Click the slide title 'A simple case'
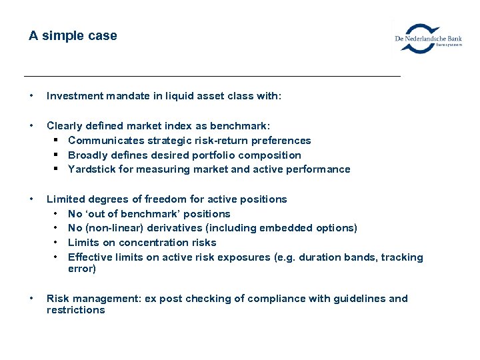73,36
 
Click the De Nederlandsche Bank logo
428,39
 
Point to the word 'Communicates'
101,140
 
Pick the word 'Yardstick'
90,169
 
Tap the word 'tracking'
403,257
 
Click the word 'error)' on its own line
82,269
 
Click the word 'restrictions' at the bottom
75,310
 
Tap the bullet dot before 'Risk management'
32,299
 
